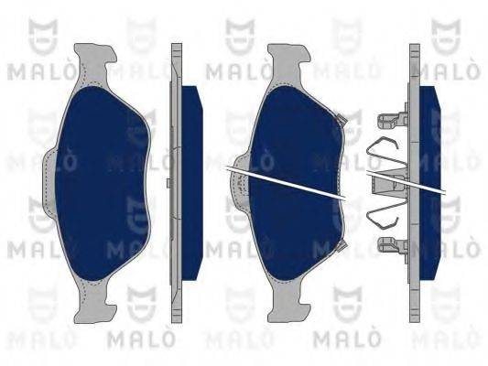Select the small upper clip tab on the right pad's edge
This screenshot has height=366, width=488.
(x=341, y=119)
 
